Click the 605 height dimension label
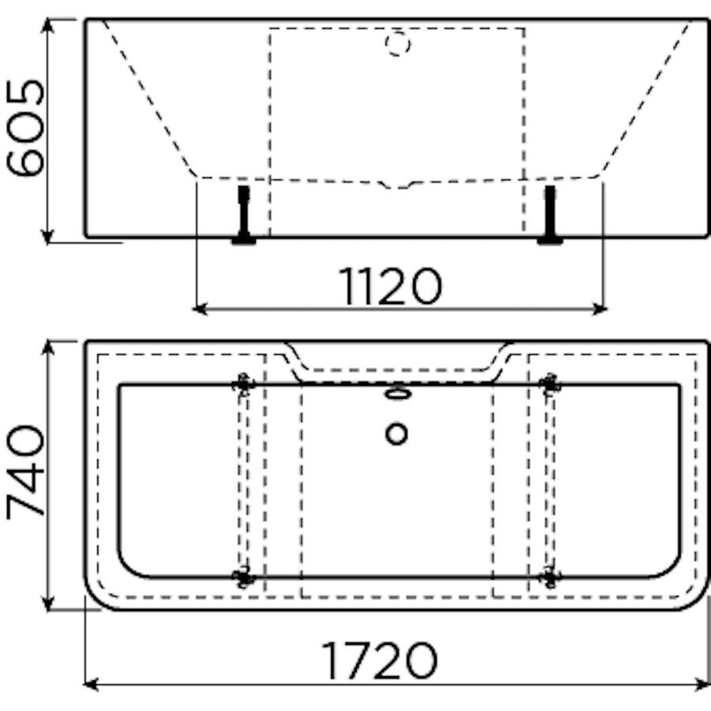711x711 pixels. (25, 128)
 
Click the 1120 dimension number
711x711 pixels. (390, 287)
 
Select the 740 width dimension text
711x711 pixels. (25, 472)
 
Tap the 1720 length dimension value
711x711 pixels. (379, 661)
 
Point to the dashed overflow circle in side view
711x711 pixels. (397, 43)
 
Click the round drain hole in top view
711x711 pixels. (397, 434)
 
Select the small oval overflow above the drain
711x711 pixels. (397, 393)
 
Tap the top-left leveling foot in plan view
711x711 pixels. (243, 385)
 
